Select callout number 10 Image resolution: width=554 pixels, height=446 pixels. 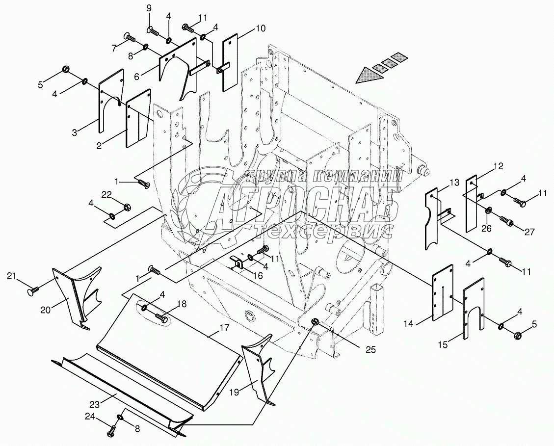click(261, 28)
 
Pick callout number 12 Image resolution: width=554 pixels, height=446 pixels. click(498, 166)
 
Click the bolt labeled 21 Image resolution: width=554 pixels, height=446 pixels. click(32, 293)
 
